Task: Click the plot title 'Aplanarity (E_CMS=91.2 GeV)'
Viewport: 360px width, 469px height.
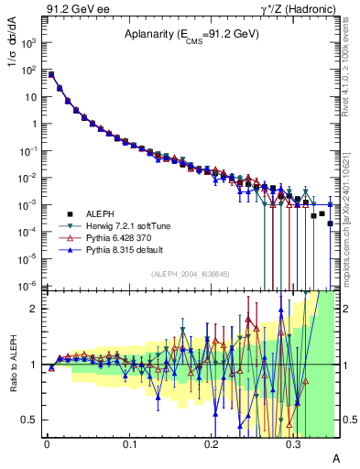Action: [191, 34]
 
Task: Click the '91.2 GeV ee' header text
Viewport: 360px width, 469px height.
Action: [77, 8]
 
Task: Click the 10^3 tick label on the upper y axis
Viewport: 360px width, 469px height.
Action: [30, 43]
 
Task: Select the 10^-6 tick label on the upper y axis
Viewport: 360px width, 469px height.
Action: [30, 286]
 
